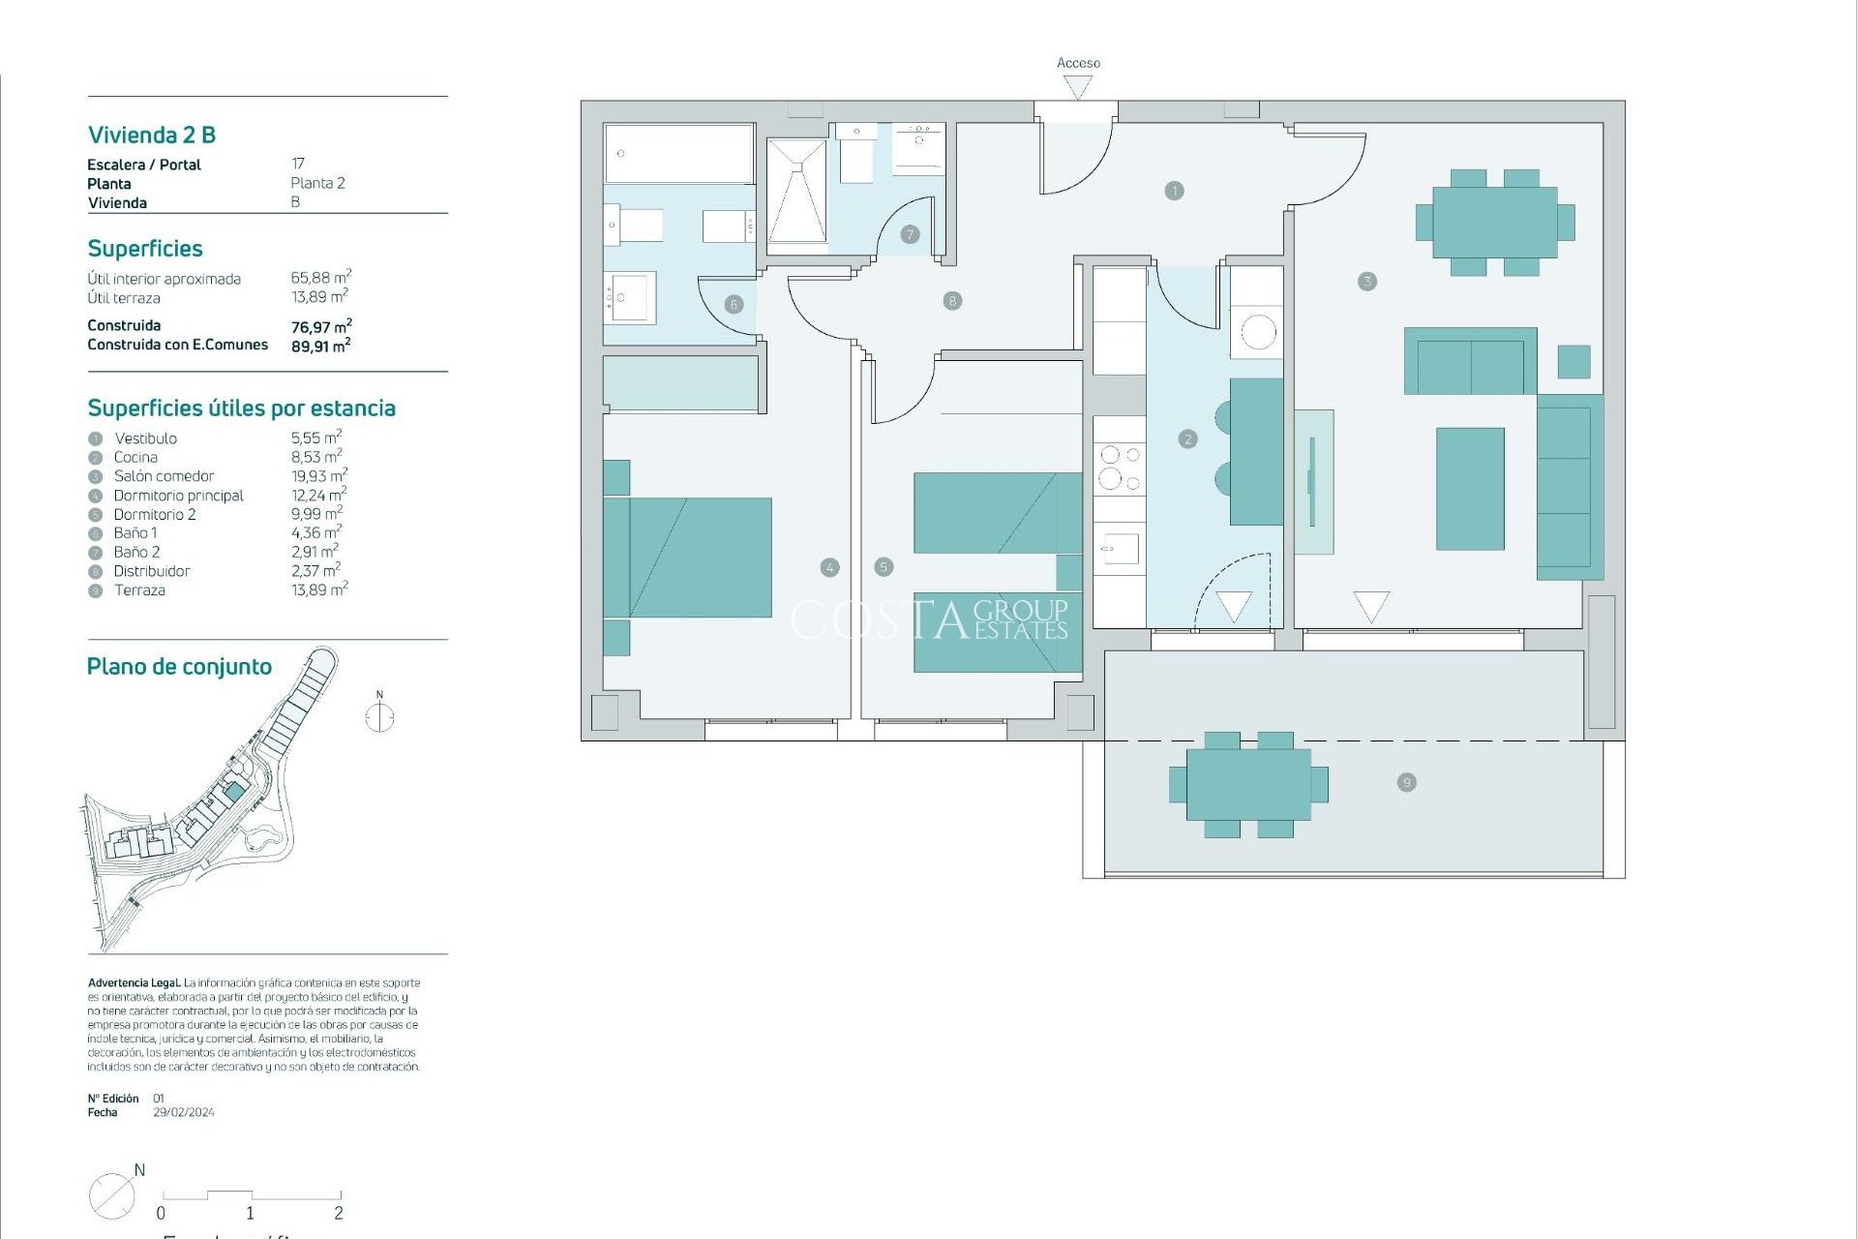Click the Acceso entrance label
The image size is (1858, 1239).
tap(1078, 63)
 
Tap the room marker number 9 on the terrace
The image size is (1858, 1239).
tap(1407, 782)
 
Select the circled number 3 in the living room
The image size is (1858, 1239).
tap(1366, 282)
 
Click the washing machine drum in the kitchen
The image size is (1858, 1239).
tap(1258, 333)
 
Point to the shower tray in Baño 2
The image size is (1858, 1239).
tap(797, 192)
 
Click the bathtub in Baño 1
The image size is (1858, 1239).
tap(678, 153)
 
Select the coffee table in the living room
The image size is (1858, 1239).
tap(1470, 489)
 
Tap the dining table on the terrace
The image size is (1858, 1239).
tap(1248, 784)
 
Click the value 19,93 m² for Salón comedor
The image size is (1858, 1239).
tap(318, 476)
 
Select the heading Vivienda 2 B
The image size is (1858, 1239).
tap(152, 136)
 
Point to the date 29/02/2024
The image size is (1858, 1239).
tap(184, 1113)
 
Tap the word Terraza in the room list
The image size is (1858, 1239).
tap(139, 590)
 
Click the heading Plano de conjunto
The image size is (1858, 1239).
tap(179, 667)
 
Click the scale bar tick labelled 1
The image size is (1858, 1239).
tap(250, 1213)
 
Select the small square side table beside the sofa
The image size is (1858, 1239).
tap(1573, 362)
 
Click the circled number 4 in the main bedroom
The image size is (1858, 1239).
tap(829, 568)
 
